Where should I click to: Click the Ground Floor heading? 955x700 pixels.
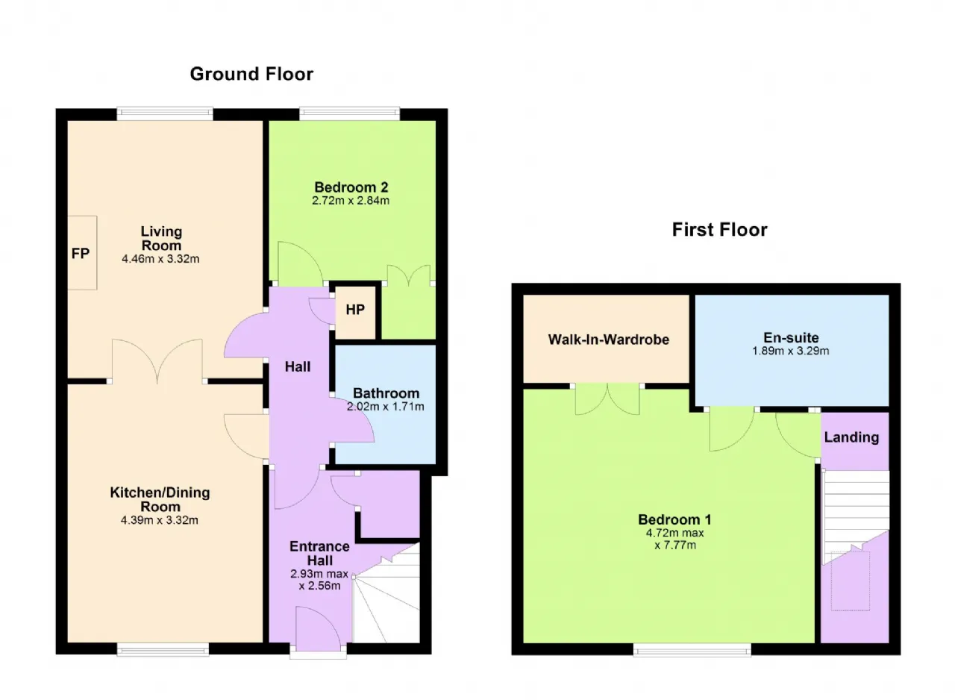pyautogui.click(x=251, y=74)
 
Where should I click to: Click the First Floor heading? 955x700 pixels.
pyautogui.click(x=720, y=230)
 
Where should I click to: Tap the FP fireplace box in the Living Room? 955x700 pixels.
pyautogui.click(x=82, y=253)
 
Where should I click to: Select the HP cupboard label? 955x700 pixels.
pyautogui.click(x=355, y=310)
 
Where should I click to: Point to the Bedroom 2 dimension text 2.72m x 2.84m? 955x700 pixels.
pyautogui.click(x=351, y=200)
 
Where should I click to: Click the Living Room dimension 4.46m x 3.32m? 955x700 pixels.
pyautogui.click(x=160, y=259)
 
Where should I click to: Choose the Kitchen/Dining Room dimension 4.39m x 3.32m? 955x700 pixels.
pyautogui.click(x=160, y=520)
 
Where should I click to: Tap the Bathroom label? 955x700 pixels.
pyautogui.click(x=386, y=393)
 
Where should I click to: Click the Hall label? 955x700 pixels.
pyautogui.click(x=298, y=366)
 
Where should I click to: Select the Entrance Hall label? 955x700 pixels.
pyautogui.click(x=320, y=553)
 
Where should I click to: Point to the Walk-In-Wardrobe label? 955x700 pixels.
pyautogui.click(x=608, y=340)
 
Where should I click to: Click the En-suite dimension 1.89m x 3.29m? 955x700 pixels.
pyautogui.click(x=790, y=351)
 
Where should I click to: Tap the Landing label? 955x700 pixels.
pyautogui.click(x=851, y=437)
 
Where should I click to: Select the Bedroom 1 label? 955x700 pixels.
pyautogui.click(x=674, y=519)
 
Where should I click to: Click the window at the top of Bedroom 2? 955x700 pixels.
pyautogui.click(x=350, y=114)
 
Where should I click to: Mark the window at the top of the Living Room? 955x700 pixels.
pyautogui.click(x=165, y=114)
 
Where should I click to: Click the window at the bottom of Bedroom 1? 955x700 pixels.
pyautogui.click(x=692, y=650)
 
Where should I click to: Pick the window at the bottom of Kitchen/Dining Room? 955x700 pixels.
pyautogui.click(x=163, y=650)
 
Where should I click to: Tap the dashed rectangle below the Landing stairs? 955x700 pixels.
pyautogui.click(x=850, y=581)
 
